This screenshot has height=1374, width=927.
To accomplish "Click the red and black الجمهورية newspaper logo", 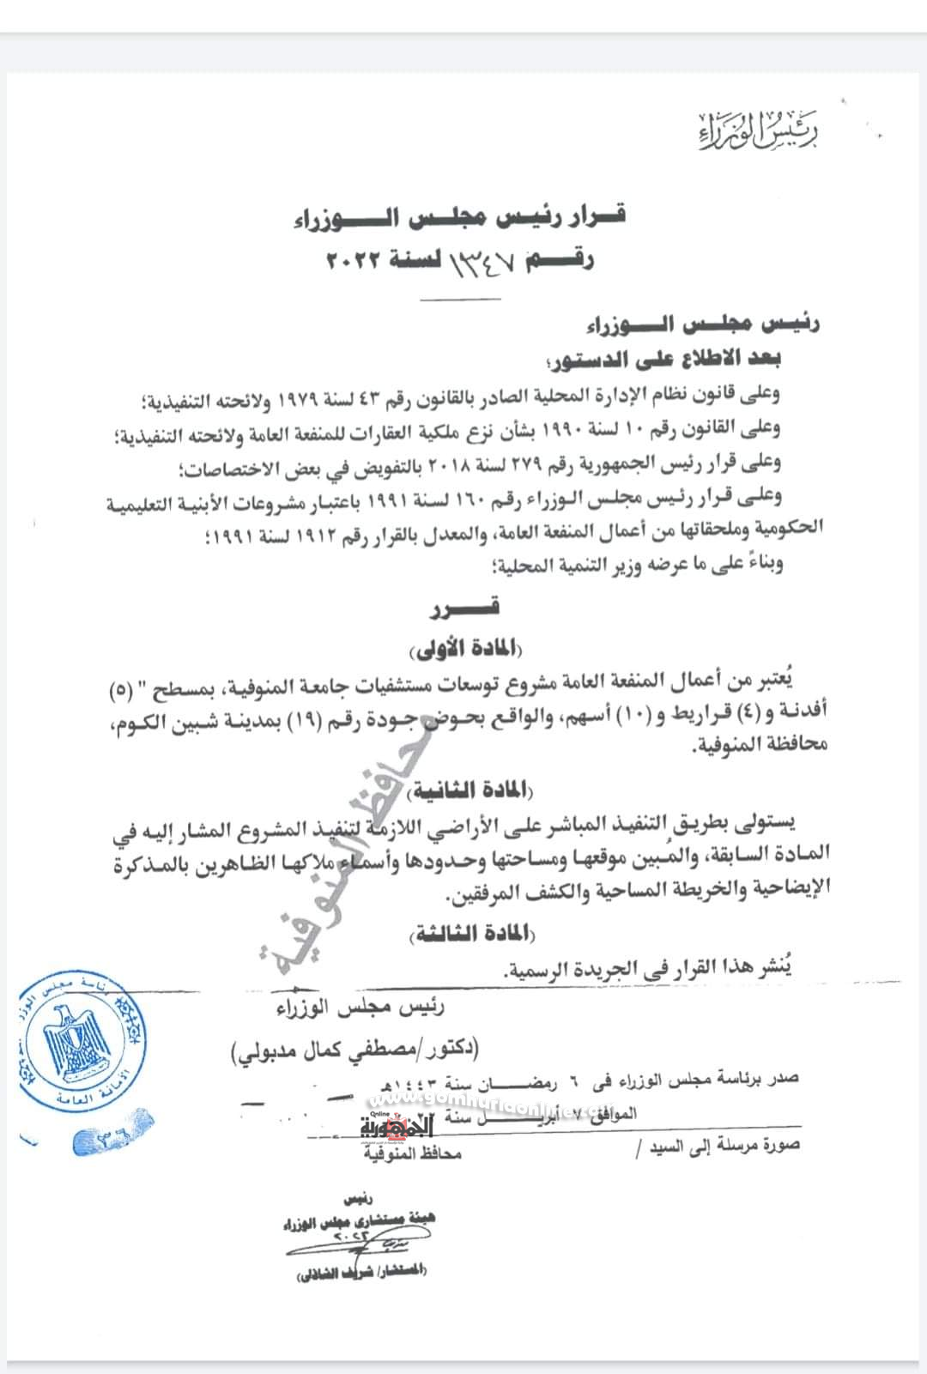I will (398, 1125).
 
